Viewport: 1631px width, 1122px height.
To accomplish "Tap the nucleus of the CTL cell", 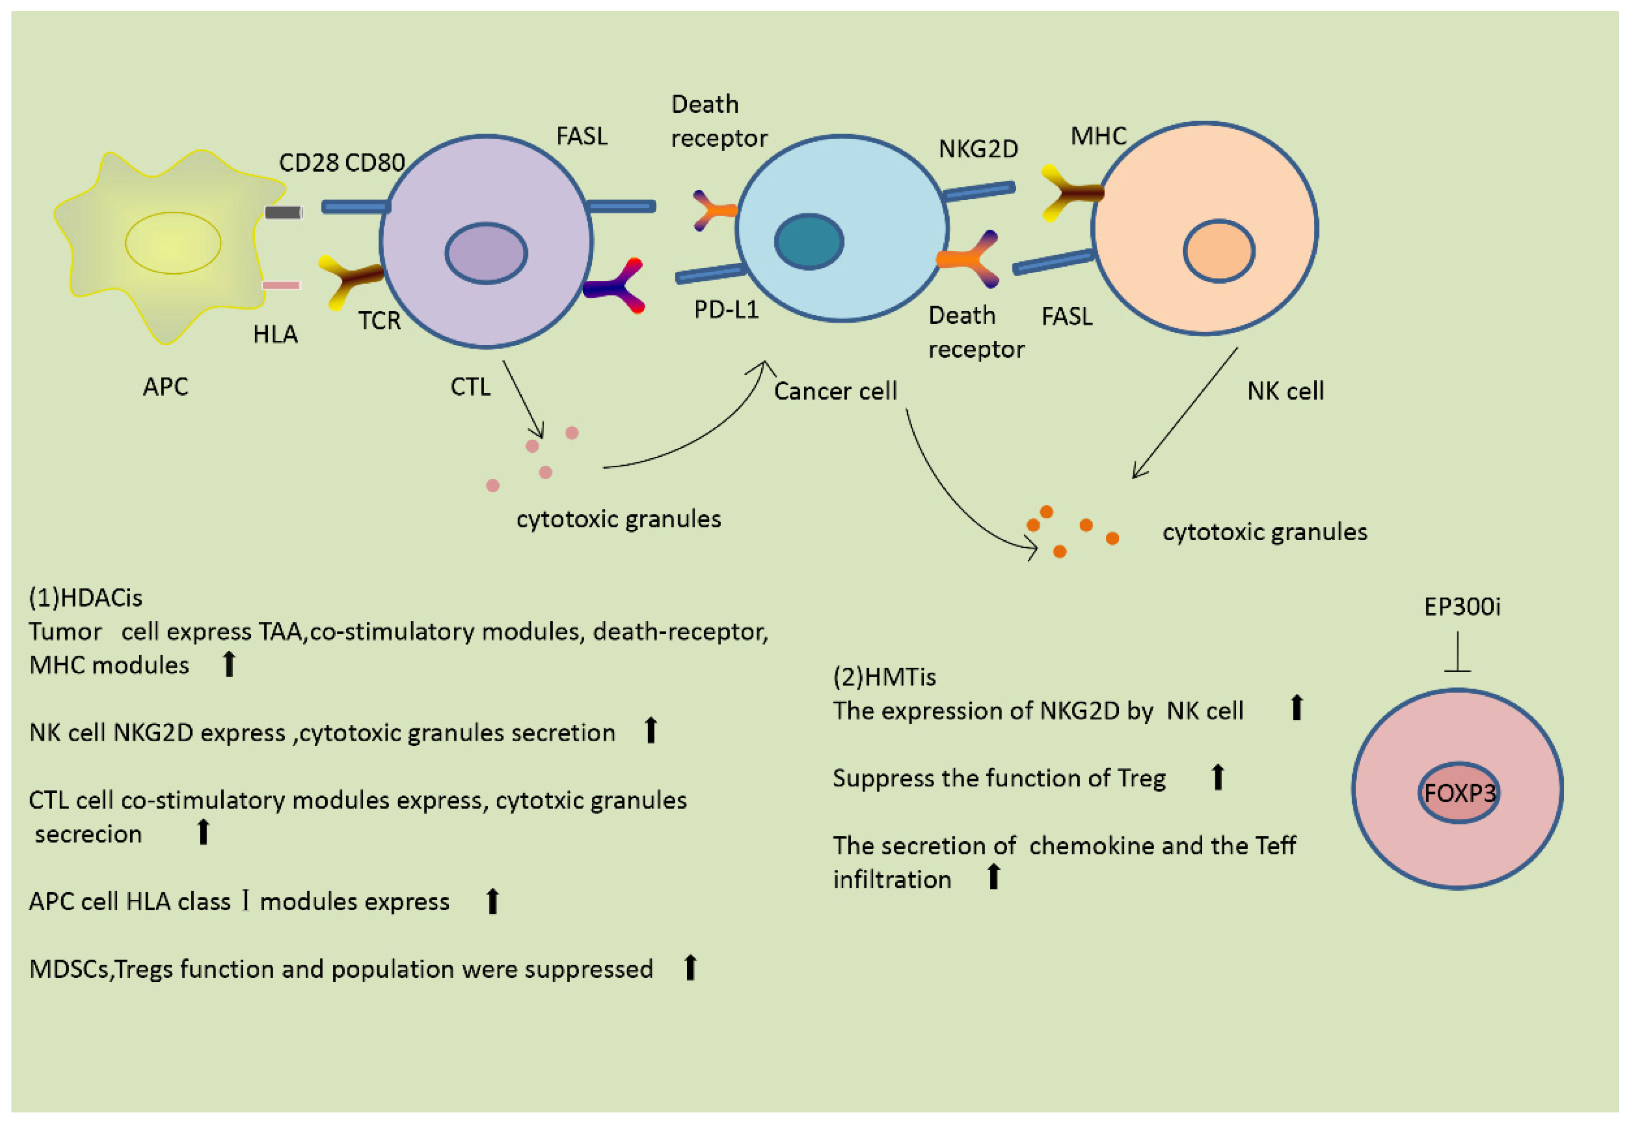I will coord(486,253).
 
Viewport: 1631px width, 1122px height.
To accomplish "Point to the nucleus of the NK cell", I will coord(1218,251).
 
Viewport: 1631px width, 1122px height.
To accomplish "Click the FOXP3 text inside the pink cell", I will coord(1459,793).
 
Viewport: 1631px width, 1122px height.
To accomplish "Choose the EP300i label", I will coord(1462,606).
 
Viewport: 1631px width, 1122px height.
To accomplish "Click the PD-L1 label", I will coord(726,309).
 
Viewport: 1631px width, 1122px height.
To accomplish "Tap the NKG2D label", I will coord(978,149).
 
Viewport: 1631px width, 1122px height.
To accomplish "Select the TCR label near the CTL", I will coord(379,320).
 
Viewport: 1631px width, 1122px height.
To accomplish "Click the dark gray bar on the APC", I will coord(283,212).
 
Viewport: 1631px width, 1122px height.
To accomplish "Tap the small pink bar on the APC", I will coord(281,285).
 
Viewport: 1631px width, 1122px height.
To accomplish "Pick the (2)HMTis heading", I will coord(884,677).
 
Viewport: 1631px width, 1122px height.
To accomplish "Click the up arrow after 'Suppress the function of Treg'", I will coord(1218,778).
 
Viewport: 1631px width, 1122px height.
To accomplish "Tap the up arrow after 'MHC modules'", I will coord(228,664).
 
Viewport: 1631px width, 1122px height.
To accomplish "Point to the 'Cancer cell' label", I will coord(835,391).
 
